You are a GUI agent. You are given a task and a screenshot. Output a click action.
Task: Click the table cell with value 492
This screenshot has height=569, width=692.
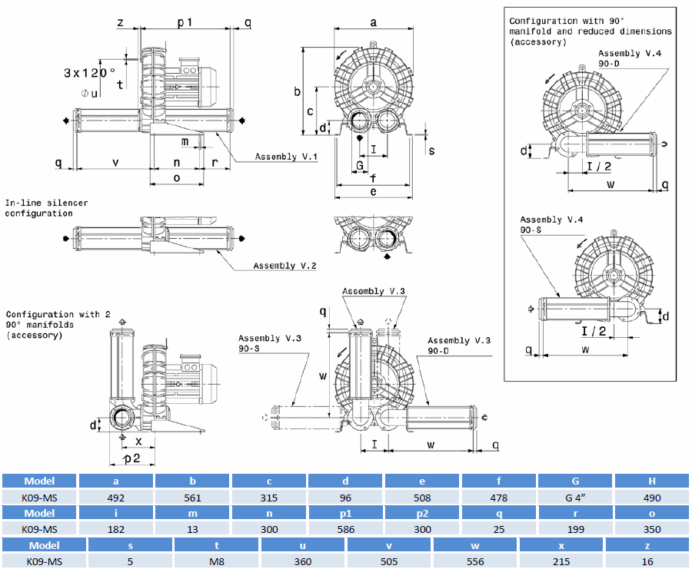[115, 498]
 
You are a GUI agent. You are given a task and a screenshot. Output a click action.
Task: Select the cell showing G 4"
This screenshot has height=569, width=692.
[576, 498]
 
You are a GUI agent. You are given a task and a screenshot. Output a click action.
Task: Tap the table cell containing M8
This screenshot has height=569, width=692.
[217, 561]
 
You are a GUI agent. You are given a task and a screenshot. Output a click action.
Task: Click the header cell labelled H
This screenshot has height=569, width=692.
[652, 481]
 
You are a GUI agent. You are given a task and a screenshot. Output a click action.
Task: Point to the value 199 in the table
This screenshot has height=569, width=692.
[576, 529]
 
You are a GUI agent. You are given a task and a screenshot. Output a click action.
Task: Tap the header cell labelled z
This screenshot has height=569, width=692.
[648, 545]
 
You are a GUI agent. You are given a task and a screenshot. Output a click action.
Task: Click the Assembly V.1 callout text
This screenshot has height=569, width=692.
[287, 157]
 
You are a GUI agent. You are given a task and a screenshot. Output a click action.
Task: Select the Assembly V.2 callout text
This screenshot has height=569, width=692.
[285, 266]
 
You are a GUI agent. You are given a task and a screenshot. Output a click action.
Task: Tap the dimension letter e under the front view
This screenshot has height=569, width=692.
[373, 191]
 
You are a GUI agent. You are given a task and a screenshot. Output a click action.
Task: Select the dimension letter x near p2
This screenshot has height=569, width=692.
[138, 442]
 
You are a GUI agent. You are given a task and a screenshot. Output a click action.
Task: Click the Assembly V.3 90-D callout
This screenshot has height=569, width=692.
[459, 346]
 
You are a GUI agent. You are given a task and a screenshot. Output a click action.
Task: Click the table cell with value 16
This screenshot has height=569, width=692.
[648, 561]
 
